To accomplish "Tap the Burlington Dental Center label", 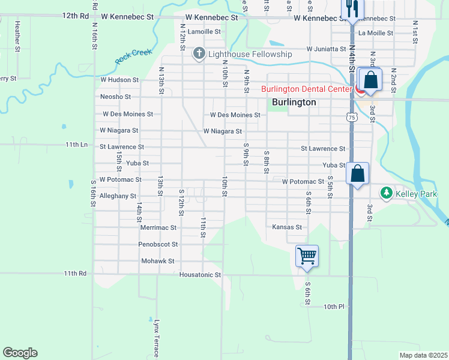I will coord(306,89).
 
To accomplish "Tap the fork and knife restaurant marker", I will coord(351,8).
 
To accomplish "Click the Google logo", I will coord(20,353).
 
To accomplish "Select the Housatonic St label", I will coord(200,275).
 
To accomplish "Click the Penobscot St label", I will coord(158,244).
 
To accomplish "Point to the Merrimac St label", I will coord(158,228).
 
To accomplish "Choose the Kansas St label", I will coord(286,227).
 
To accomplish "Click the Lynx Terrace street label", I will coord(156,338).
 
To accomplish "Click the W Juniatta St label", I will coord(327,49).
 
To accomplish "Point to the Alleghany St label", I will coord(118,196).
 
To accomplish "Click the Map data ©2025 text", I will coord(424,355).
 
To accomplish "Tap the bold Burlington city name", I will coord(294,103).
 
